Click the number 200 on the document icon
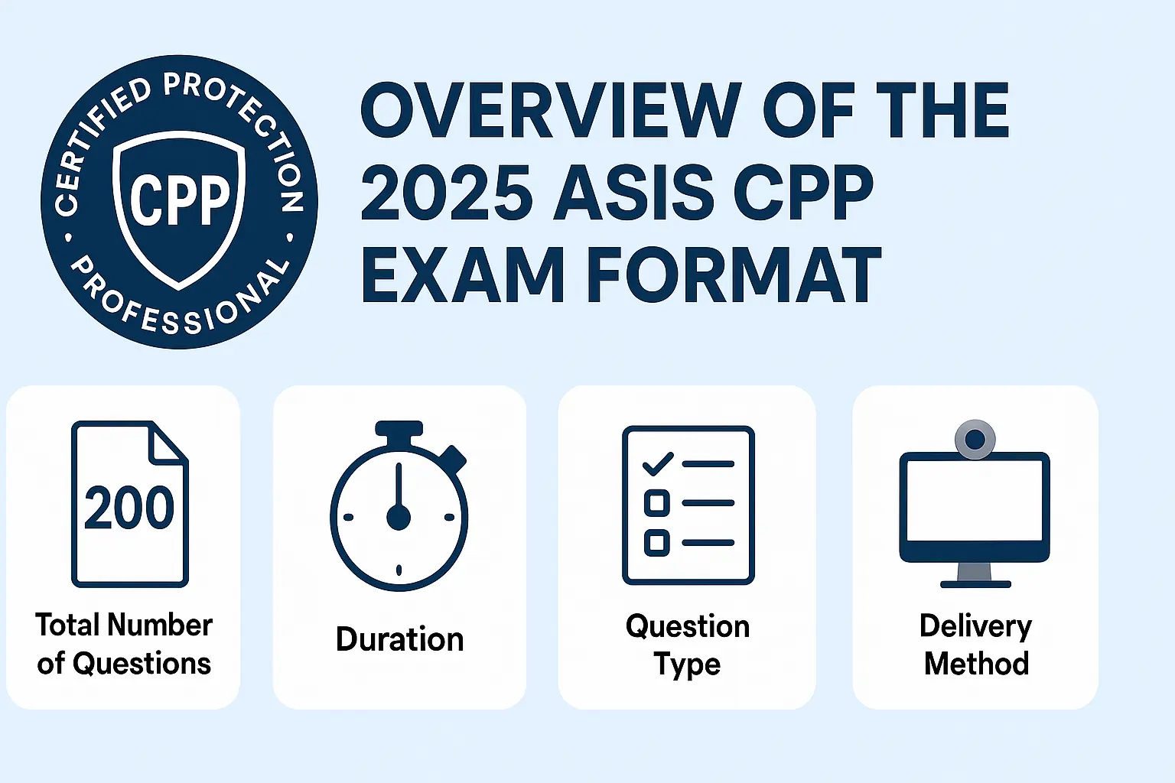point(129,508)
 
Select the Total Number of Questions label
point(124,644)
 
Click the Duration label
point(399,639)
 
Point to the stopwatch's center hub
point(399,518)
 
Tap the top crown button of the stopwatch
point(399,430)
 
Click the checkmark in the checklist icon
point(657,463)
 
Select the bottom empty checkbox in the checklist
point(656,542)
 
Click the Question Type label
point(687,645)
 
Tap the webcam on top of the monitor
point(975,439)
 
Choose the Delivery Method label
point(976,644)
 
